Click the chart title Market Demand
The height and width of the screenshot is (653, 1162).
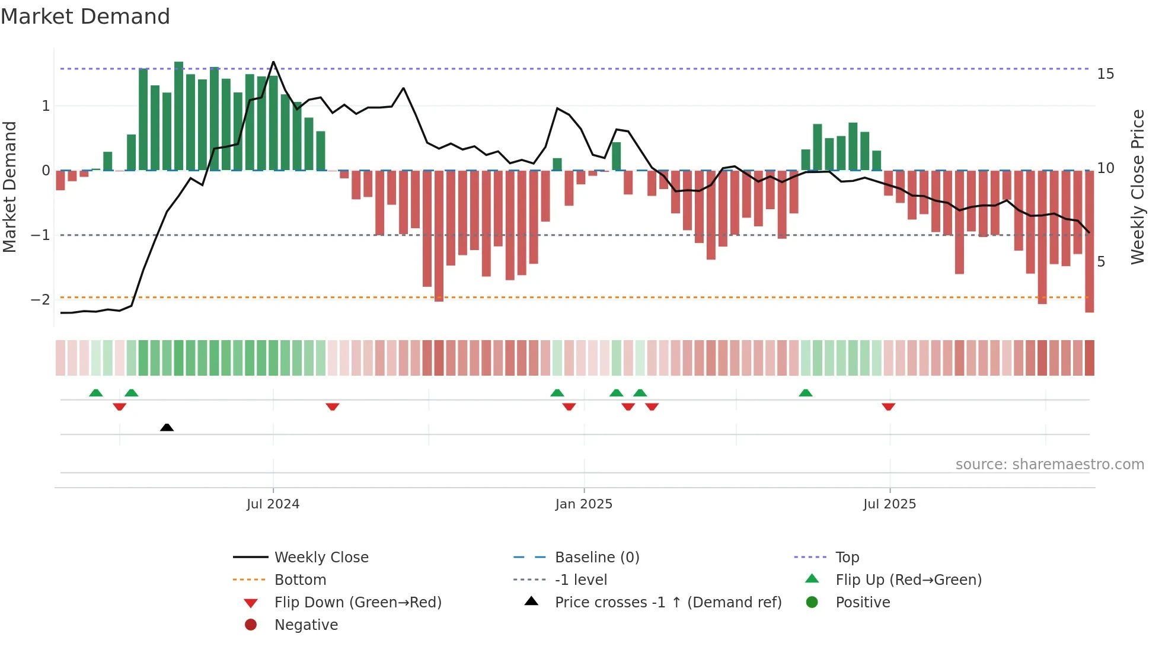point(85,17)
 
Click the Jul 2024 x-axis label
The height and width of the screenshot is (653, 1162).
point(273,504)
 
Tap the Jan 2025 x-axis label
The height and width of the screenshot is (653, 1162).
point(583,504)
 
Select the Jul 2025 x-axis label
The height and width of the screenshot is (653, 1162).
point(889,504)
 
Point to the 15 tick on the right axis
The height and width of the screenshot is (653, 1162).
point(1105,74)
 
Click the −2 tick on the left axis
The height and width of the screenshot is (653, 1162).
point(41,299)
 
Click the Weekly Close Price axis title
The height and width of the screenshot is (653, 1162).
point(1137,187)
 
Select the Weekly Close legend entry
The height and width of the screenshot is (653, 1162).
point(321,558)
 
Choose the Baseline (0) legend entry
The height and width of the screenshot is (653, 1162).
point(596,558)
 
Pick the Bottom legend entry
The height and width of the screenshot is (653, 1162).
point(300,580)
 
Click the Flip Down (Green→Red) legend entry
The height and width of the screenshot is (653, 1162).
point(357,603)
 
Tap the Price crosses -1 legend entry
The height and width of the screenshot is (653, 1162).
point(668,603)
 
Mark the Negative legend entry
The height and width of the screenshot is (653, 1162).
point(306,625)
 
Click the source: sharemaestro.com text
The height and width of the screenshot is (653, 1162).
point(1049,465)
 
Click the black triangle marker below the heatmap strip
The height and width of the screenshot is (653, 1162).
point(167,427)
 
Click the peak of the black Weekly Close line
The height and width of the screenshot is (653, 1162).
point(273,62)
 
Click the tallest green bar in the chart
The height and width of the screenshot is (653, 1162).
point(178,116)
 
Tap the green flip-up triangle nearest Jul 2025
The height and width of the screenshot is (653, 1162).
point(805,393)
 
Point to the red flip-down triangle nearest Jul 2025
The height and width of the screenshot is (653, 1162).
point(888,406)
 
